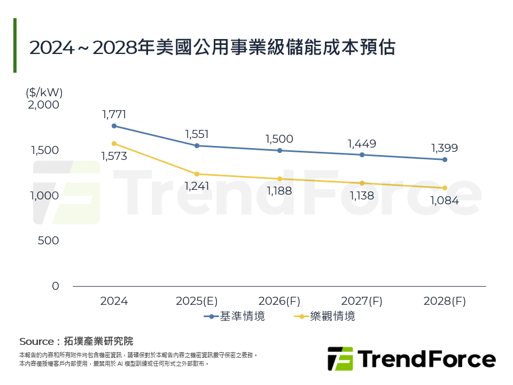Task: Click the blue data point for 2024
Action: pos(114,126)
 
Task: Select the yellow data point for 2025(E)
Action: pos(197,174)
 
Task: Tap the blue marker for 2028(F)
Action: pos(445,159)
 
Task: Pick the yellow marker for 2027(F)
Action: pos(362,183)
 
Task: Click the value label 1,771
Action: pos(114,114)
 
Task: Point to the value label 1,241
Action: pos(197,186)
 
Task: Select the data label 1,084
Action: pos(445,201)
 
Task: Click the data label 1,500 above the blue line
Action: pos(279,139)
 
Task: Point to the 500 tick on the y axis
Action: pos(49,241)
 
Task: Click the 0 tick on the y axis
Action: pos(55,286)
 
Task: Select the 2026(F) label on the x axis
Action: pos(279,301)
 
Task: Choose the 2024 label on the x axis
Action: pos(114,301)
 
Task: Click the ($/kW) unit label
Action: pos(44,92)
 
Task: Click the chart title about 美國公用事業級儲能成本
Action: pos(212,48)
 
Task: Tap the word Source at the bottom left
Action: pos(36,341)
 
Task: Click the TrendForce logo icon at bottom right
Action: pos(340,359)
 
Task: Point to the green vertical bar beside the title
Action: pos(15,45)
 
